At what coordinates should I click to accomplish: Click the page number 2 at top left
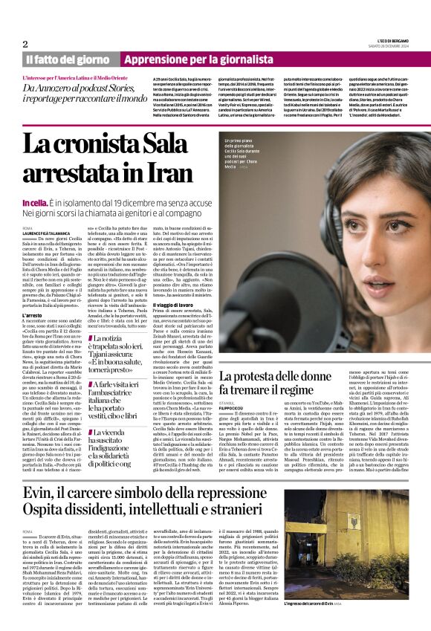pos(25,44)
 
